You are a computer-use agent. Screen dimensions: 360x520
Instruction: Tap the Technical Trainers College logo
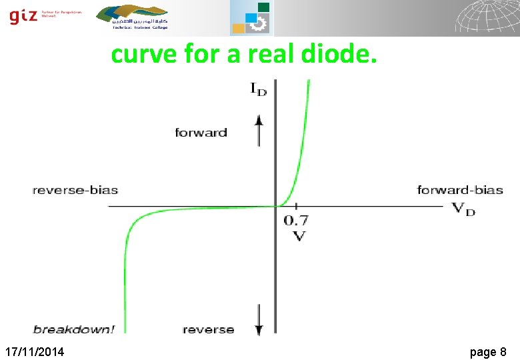click(x=133, y=17)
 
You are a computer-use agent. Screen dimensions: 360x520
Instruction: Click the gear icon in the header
click(x=258, y=25)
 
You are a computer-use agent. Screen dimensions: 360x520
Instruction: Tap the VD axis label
click(x=464, y=208)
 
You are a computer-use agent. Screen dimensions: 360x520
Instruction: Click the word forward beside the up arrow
click(x=201, y=133)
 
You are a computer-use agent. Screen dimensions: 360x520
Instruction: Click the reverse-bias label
click(x=75, y=190)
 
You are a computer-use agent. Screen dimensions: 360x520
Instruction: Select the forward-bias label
click(x=459, y=190)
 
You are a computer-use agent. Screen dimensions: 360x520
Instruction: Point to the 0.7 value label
click(x=296, y=221)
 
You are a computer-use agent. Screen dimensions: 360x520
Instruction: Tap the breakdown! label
click(x=73, y=329)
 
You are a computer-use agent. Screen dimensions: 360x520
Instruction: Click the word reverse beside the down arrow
click(x=208, y=329)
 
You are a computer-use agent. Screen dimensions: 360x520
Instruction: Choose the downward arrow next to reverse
click(x=259, y=320)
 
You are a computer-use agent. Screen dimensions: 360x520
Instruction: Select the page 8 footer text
click(x=488, y=351)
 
